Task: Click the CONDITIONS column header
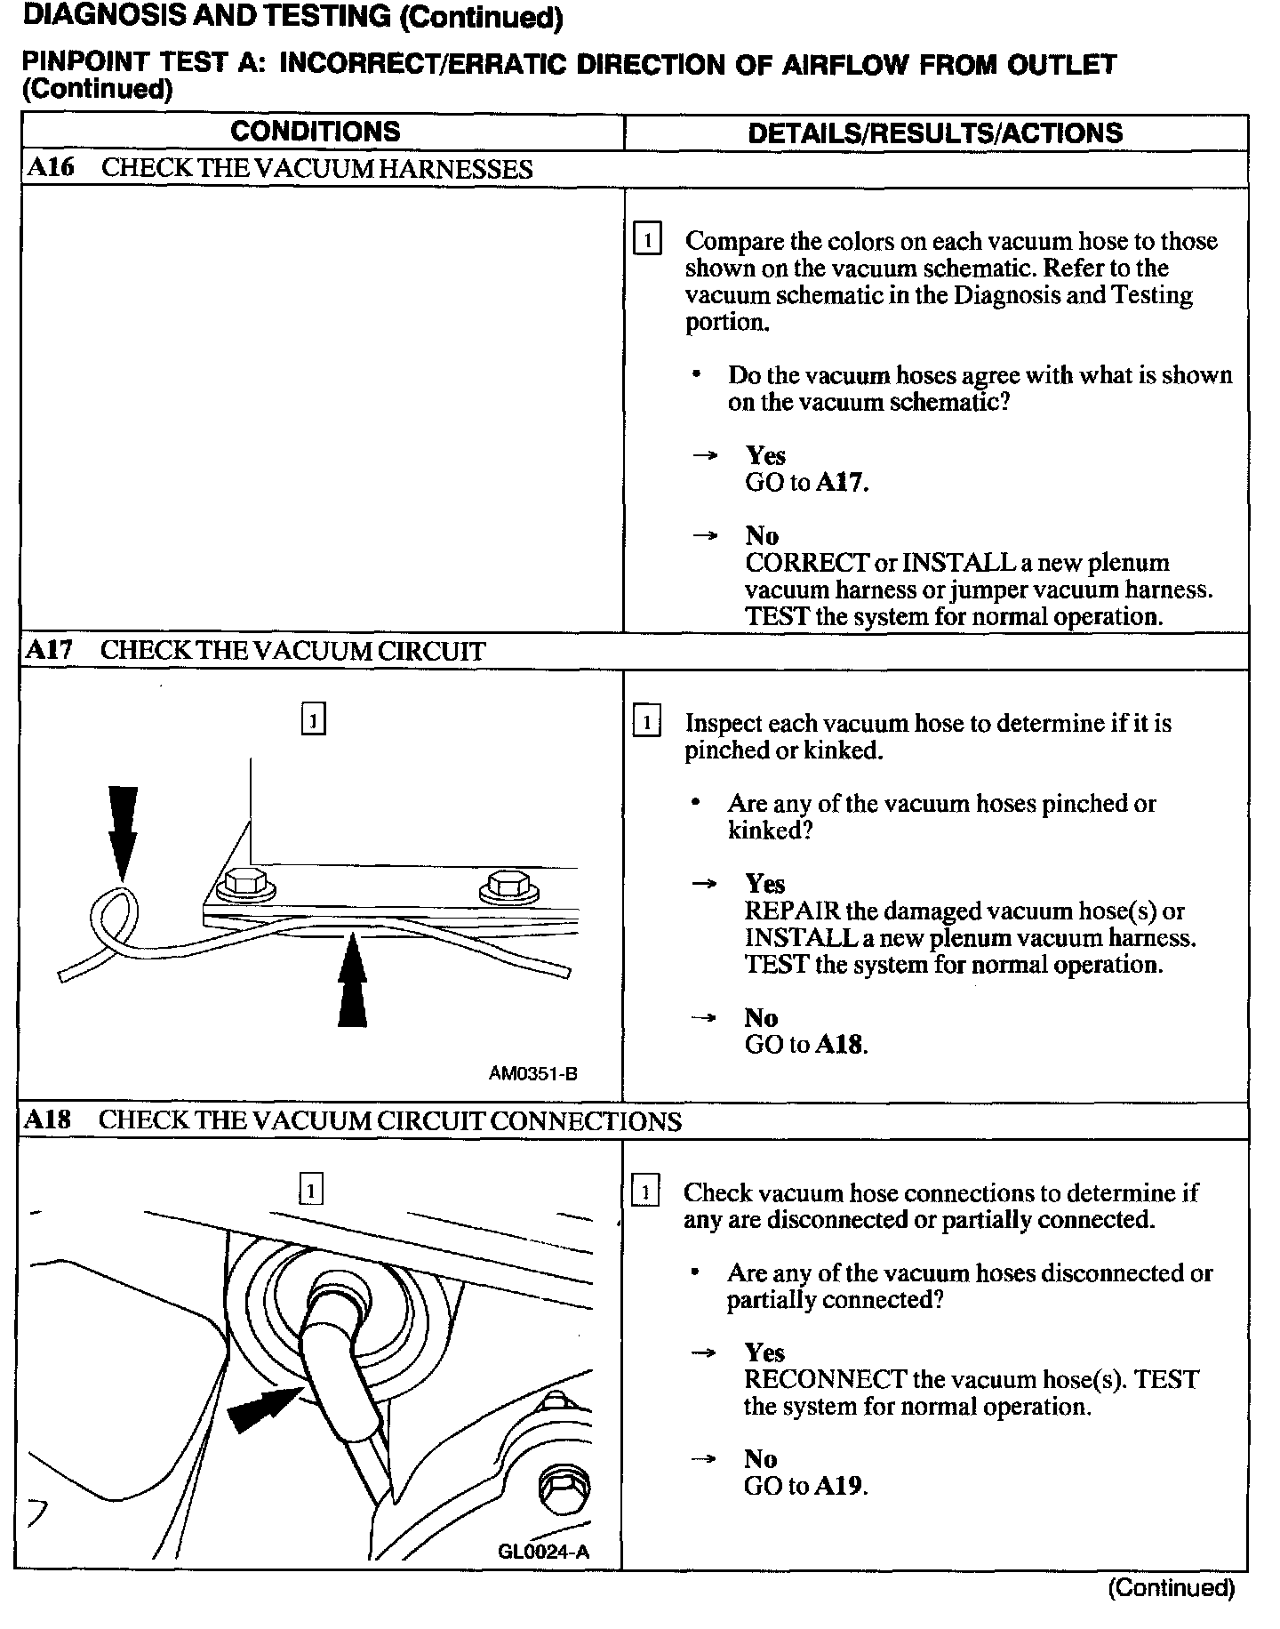pyautogui.click(x=316, y=132)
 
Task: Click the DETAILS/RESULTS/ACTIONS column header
pyautogui.click(x=935, y=133)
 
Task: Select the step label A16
pyautogui.click(x=51, y=168)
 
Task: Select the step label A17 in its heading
pyautogui.click(x=49, y=650)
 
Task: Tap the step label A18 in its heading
pyautogui.click(x=48, y=1119)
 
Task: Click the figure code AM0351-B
pyautogui.click(x=532, y=1073)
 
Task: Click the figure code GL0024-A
pyautogui.click(x=544, y=1552)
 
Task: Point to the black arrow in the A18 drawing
pyautogui.click(x=263, y=1408)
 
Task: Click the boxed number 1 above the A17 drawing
pyautogui.click(x=313, y=718)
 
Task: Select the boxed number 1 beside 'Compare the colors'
pyautogui.click(x=646, y=240)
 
